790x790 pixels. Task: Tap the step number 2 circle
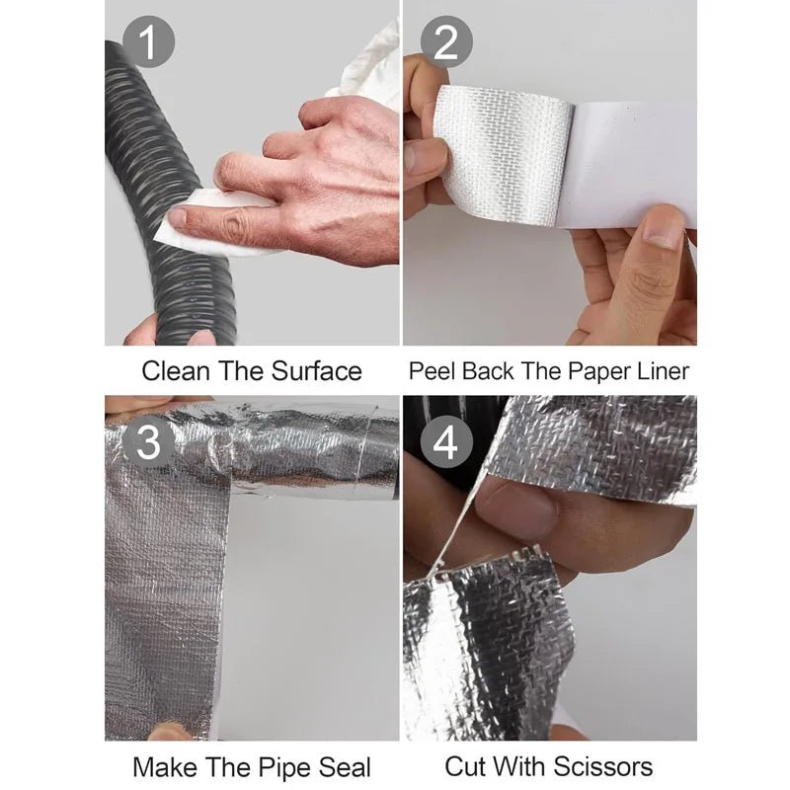click(446, 43)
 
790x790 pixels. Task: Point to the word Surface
click(314, 371)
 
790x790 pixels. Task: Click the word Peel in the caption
click(430, 371)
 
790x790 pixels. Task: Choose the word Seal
click(341, 766)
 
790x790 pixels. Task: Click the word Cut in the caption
click(466, 766)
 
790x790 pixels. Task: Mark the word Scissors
click(605, 766)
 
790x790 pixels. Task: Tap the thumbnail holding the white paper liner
click(663, 230)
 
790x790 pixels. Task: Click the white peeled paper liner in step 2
click(632, 163)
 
